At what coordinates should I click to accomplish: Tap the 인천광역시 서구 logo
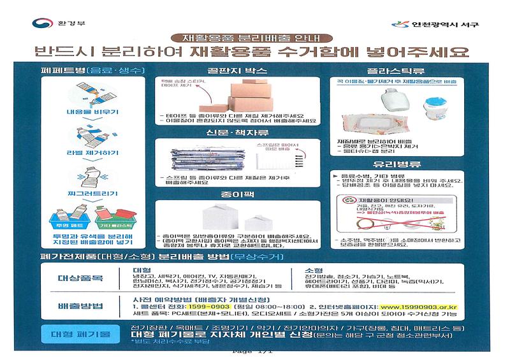[435, 24]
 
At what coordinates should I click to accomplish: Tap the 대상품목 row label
[77, 279]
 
